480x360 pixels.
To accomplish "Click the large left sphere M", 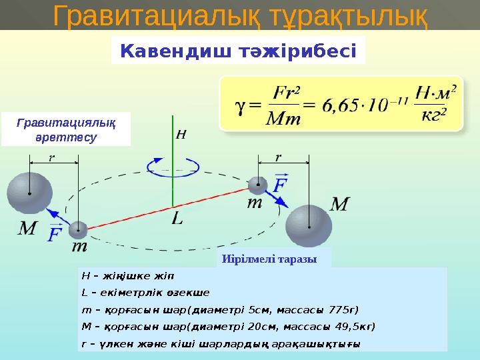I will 29,193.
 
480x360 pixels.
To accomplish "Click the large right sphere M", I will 309,225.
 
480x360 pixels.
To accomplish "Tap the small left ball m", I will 78,229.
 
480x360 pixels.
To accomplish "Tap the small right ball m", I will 257,185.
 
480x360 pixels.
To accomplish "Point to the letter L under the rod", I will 177,218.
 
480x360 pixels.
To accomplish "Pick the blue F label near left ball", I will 54,234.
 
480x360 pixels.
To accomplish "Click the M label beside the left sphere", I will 27,229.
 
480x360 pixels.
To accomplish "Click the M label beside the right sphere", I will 339,204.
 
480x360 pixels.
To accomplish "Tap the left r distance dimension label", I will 51,158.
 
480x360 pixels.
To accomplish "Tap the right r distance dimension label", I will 279,157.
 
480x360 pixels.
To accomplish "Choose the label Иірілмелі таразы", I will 274,258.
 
